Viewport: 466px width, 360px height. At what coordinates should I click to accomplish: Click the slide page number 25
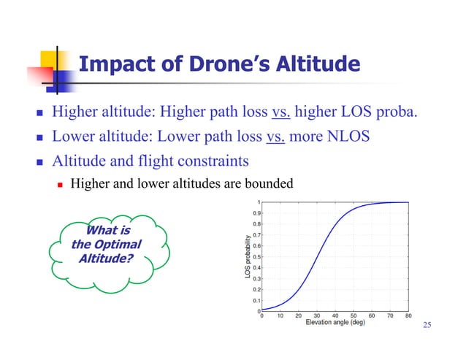tap(428, 324)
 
